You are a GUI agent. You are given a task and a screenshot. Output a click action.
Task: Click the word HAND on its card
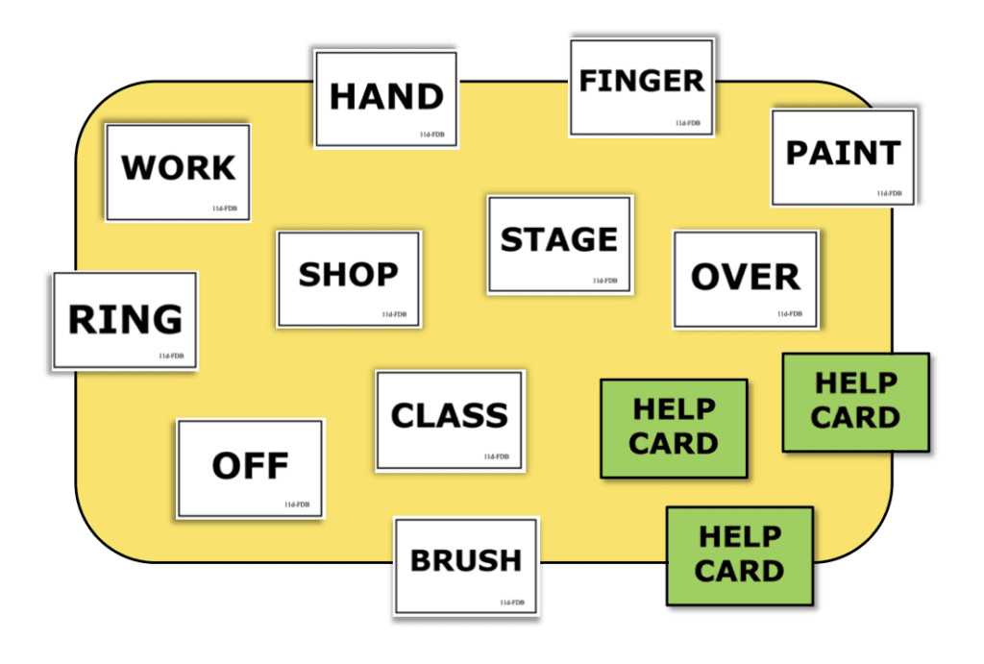coord(386,97)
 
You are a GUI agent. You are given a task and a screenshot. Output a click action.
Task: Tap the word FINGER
coord(641,81)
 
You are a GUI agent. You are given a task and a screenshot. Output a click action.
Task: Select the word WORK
coord(178,167)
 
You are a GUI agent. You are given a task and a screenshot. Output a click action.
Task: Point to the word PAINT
coord(844,153)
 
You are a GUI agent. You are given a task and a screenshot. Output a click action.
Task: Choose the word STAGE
coord(559,239)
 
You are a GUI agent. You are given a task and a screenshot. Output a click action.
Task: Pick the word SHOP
coord(348,274)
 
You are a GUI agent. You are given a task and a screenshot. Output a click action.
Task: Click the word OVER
coord(746,277)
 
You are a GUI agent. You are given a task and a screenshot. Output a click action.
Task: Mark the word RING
coord(126,319)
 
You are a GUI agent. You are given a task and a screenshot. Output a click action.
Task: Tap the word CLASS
coord(450,415)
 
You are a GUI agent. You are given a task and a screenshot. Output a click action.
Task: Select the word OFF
coord(251,466)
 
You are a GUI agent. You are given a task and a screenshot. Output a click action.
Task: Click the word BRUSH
coord(466,560)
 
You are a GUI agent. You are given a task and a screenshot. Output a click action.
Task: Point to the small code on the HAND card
coord(431,135)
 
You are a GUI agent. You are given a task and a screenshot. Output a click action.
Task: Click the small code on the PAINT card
coord(889,193)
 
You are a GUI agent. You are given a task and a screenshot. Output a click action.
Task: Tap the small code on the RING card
coord(171,356)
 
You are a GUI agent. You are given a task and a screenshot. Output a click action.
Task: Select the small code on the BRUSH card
coord(512,603)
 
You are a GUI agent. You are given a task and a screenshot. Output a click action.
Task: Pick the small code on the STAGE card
coord(605,281)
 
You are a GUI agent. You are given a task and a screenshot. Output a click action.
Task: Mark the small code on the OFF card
coord(297,504)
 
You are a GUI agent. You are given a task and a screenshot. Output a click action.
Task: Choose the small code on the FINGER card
coord(688,123)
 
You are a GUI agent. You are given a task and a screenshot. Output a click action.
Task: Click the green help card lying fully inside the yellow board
coord(674,429)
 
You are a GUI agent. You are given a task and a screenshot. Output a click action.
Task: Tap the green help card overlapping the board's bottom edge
coord(740,556)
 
